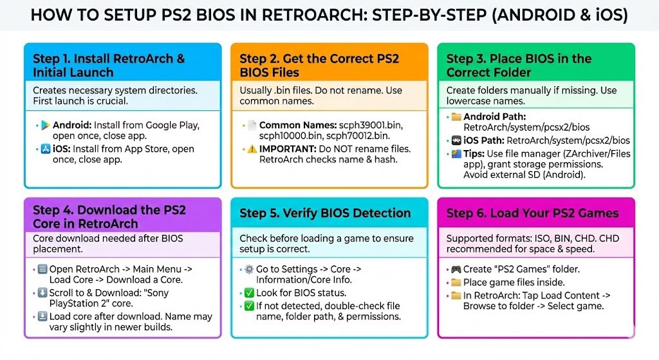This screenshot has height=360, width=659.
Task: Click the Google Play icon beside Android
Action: (45, 125)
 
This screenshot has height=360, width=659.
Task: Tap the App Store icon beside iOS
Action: (45, 149)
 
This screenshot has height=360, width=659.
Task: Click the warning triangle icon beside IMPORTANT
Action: (252, 148)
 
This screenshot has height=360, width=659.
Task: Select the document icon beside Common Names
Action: (252, 124)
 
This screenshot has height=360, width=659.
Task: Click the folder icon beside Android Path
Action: (456, 117)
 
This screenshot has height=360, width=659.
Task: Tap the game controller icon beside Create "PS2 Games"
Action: (456, 269)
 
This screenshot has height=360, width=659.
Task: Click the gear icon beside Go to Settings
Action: (249, 269)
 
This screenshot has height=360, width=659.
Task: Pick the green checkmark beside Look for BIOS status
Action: (249, 293)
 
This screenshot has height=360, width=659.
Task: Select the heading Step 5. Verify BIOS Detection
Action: (325, 213)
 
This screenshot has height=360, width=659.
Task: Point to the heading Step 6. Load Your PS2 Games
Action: (532, 213)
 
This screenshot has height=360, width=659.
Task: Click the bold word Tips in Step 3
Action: (476, 153)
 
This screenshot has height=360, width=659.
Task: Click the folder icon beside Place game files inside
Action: (456, 282)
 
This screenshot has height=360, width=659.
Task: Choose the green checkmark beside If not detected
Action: (249, 305)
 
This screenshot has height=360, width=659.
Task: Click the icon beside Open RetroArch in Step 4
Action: (42, 269)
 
